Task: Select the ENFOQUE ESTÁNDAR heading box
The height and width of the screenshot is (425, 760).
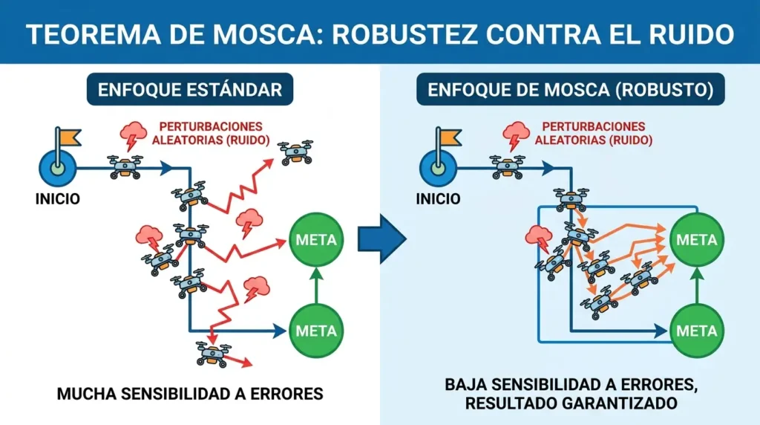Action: pos(190,89)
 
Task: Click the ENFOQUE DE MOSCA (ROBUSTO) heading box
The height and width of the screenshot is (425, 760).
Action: pos(571,89)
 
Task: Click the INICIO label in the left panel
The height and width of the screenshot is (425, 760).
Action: pos(58,199)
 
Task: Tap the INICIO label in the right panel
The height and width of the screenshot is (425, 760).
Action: pos(438,199)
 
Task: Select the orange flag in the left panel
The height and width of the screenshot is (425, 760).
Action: pos(70,137)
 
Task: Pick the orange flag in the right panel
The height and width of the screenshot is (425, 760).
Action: pos(451,137)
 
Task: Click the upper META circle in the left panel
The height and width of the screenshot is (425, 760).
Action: pos(316,240)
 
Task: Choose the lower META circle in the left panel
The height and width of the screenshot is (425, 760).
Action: pos(316,331)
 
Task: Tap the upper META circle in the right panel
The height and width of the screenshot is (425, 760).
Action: pos(696,240)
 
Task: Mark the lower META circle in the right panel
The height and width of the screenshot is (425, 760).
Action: pos(696,331)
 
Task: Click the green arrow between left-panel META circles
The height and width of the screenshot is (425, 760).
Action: pos(316,285)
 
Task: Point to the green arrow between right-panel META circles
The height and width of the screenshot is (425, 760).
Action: pos(696,285)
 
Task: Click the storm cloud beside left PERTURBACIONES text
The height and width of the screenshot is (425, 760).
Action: pos(134,135)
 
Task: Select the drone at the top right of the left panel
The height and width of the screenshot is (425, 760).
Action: pos(295,152)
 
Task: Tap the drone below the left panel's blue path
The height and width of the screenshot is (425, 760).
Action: pos(213,354)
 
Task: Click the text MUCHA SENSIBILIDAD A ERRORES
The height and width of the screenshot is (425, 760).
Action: pos(190,394)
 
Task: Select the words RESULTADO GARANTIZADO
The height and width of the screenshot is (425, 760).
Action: pos(571,403)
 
